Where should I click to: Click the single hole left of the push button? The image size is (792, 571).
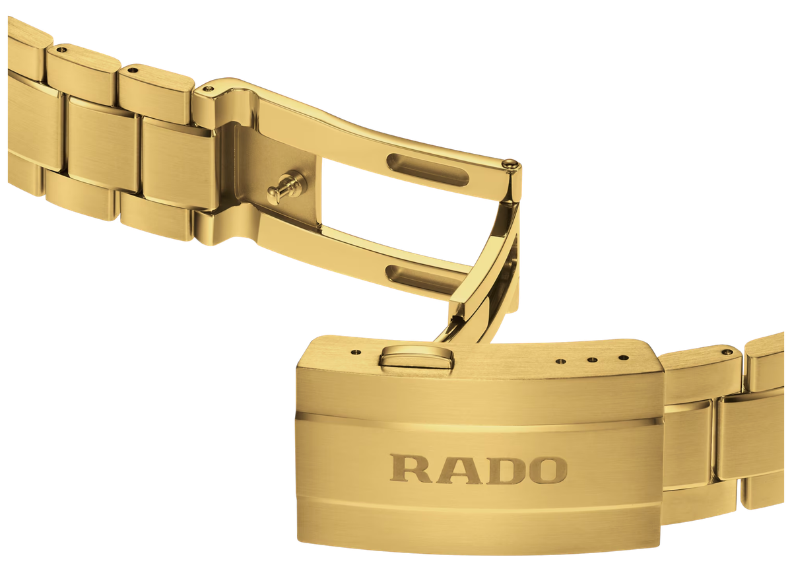coord(356,352)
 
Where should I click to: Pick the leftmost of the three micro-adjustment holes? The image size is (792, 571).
coord(560,362)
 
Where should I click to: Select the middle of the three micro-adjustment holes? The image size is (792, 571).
coord(592,360)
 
